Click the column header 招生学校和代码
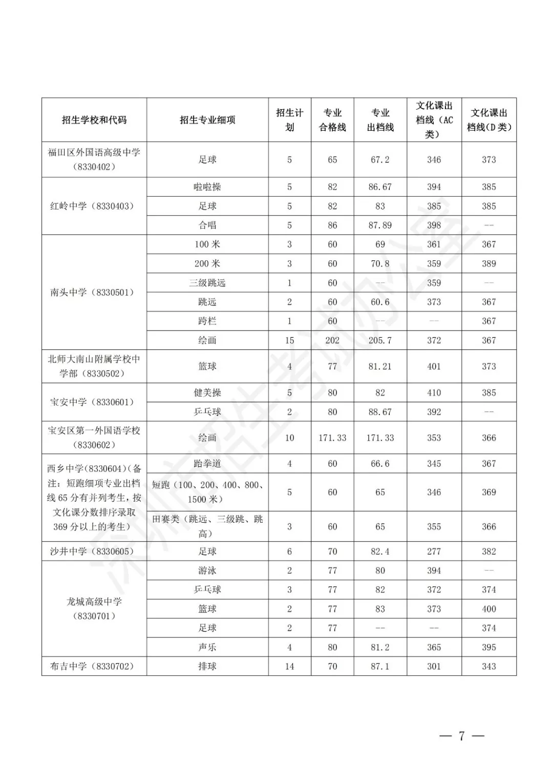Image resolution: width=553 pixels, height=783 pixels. [x=94, y=120]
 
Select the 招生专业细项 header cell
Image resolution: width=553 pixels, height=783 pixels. [x=207, y=120]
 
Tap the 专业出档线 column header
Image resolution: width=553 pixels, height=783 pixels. [x=380, y=120]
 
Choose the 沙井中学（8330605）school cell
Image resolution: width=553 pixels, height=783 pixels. [x=92, y=551]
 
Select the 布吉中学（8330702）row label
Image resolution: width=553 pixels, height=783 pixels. [x=92, y=666]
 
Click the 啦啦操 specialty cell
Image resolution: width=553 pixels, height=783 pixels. [x=207, y=187]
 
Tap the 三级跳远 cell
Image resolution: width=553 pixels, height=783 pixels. [x=207, y=283]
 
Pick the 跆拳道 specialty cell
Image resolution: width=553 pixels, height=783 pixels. [x=207, y=464]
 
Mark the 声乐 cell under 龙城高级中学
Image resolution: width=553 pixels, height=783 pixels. [x=207, y=647]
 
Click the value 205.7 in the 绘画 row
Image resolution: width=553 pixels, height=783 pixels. [x=380, y=340]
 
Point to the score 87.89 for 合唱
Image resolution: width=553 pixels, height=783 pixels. [x=380, y=225]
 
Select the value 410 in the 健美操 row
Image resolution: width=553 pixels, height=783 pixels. [x=434, y=393]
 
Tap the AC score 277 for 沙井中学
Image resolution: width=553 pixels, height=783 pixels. [x=434, y=551]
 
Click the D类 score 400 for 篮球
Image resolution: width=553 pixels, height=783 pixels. [x=488, y=609]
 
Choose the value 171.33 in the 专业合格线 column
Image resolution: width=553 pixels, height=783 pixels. [x=332, y=438]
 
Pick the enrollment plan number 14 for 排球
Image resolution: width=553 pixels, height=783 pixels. [x=289, y=666]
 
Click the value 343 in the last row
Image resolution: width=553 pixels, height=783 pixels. [x=488, y=666]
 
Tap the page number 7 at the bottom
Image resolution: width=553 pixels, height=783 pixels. [x=461, y=736]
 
